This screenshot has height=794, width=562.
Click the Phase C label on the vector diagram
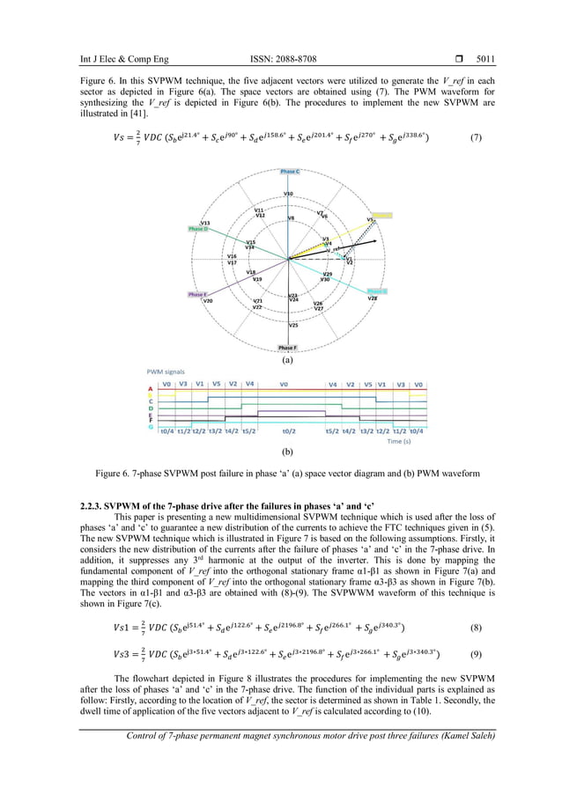tap(289, 171)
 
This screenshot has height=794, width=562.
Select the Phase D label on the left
tap(198, 229)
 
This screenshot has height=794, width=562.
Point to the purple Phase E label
tap(197, 294)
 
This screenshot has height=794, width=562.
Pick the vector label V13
tap(205, 223)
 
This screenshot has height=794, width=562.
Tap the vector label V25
tap(292, 326)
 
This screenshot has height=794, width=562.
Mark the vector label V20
tap(208, 301)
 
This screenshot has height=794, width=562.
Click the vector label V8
tap(291, 217)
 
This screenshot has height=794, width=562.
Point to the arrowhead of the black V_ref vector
tap(377, 240)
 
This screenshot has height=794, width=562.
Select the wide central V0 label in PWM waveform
tap(284, 384)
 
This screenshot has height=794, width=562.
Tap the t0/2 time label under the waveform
tap(288, 431)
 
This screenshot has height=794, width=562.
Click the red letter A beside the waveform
tap(150, 388)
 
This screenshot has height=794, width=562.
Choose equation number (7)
tap(476, 137)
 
